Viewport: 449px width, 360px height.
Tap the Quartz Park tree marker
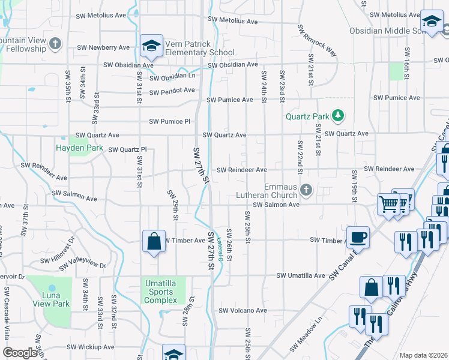point(338,115)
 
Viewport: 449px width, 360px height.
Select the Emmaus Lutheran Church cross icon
point(306,191)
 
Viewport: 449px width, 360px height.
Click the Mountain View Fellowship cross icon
point(55,44)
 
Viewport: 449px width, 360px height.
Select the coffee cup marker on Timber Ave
point(358,236)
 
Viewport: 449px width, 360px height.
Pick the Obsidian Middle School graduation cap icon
point(431,22)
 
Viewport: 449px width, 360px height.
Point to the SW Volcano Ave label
point(243,311)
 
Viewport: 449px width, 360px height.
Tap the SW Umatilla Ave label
point(300,275)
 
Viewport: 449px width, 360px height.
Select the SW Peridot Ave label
point(172,91)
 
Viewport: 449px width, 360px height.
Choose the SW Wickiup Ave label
point(90,347)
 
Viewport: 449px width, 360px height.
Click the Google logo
point(20,353)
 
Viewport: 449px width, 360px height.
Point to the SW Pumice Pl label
point(170,121)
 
